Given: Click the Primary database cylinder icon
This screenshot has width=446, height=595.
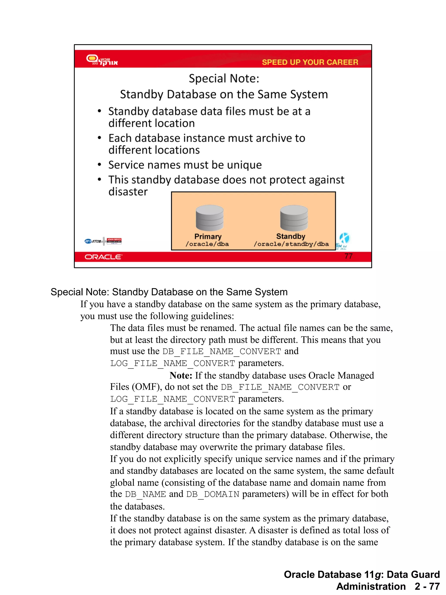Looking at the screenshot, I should (209, 218).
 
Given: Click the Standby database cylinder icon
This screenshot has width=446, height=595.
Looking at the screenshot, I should (294, 218).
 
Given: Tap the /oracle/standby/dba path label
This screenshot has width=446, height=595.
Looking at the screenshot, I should (291, 244).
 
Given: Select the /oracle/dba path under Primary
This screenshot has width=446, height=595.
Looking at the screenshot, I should (207, 244).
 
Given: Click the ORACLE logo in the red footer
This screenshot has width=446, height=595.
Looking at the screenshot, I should (103, 257).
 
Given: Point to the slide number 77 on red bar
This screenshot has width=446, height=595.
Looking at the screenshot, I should (348, 256).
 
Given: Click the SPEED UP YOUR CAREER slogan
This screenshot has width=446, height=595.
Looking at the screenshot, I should (310, 62).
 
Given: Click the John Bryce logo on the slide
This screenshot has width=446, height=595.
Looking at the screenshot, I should (114, 241).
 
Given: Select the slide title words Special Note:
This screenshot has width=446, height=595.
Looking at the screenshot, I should (224, 79).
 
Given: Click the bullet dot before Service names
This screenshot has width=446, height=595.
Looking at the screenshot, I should (100, 165).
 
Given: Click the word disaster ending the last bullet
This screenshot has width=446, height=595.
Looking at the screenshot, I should (128, 192).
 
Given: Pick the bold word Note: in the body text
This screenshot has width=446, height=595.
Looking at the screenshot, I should (181, 375).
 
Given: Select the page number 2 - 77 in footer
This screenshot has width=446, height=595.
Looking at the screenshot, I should (427, 586).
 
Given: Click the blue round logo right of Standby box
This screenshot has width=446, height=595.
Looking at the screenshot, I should (344, 238).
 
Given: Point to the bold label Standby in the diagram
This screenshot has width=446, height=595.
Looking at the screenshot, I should (291, 236).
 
